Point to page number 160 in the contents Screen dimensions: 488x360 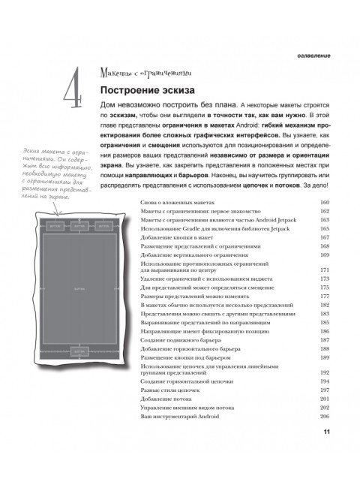click(x=325, y=203)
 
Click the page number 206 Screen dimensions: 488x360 click(x=325, y=416)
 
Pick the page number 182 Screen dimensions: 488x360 click(x=325, y=305)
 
